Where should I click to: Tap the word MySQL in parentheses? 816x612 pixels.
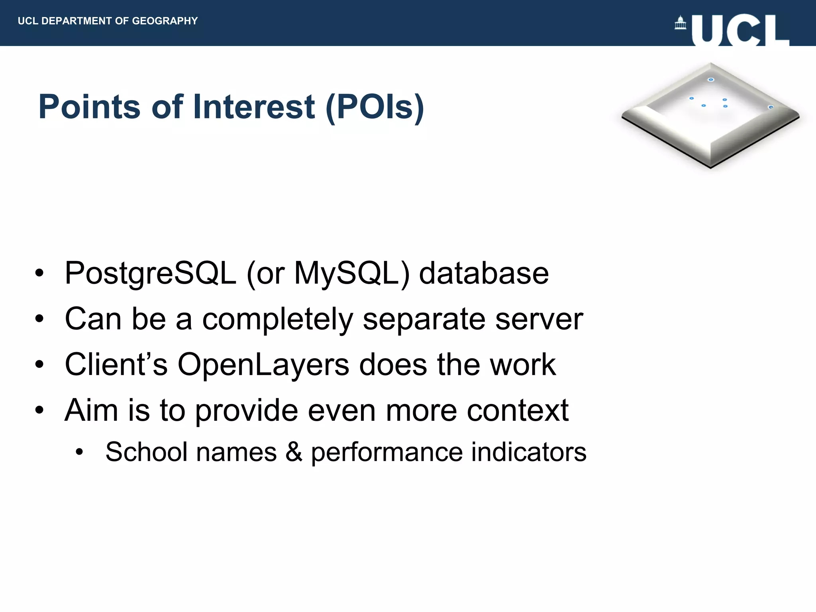(x=346, y=274)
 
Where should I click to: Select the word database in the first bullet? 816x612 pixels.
(x=484, y=274)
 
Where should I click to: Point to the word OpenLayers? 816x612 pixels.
(x=263, y=365)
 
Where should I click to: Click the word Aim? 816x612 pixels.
(x=91, y=410)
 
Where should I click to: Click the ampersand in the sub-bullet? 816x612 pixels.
(x=294, y=452)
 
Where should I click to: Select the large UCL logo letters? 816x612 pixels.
(x=740, y=30)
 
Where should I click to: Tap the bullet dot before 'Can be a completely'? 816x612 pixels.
(x=39, y=319)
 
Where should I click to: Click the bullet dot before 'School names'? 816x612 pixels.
(x=80, y=452)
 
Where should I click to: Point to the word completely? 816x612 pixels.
(x=277, y=319)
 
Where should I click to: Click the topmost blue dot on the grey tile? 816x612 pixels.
(x=711, y=80)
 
